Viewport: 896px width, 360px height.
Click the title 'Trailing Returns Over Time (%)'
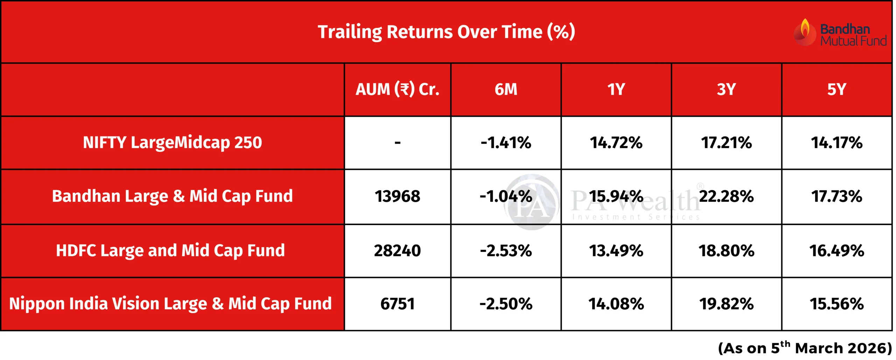click(446, 32)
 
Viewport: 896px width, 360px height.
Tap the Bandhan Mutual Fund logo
click(840, 32)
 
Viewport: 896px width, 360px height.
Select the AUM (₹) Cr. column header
click(398, 90)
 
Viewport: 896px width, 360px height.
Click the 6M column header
click(506, 89)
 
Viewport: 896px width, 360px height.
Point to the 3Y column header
click(726, 89)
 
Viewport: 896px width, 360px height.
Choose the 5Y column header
click(836, 89)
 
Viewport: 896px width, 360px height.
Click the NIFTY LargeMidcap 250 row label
click(173, 143)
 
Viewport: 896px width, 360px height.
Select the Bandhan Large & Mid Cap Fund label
click(173, 196)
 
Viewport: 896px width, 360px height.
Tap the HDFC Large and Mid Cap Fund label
click(170, 251)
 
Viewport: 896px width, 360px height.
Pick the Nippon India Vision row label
click(170, 304)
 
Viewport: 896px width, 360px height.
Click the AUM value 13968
click(398, 196)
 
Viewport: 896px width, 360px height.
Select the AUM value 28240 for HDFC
click(398, 251)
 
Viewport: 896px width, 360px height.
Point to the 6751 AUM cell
click(398, 304)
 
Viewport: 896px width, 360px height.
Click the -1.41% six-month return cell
click(506, 143)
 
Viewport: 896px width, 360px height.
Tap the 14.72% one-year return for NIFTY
click(616, 143)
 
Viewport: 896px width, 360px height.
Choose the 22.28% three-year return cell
click(726, 196)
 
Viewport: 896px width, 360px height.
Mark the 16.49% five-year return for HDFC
click(836, 251)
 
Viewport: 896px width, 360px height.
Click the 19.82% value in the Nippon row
click(726, 304)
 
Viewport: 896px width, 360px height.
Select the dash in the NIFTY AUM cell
click(398, 143)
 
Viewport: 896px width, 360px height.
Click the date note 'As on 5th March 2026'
click(805, 348)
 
